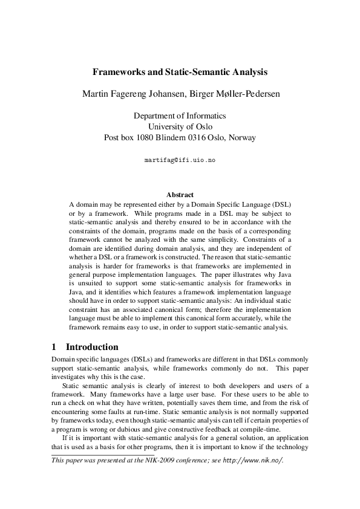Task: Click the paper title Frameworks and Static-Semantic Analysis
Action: pyautogui.click(x=180, y=72)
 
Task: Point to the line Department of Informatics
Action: pyautogui.click(x=180, y=115)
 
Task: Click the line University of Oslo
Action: pyautogui.click(x=180, y=126)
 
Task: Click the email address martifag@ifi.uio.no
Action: pyautogui.click(x=180, y=161)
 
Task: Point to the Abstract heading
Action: pyautogui.click(x=180, y=195)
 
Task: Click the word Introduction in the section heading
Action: pyautogui.click(x=92, y=347)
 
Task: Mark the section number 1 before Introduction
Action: pyautogui.click(x=54, y=347)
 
